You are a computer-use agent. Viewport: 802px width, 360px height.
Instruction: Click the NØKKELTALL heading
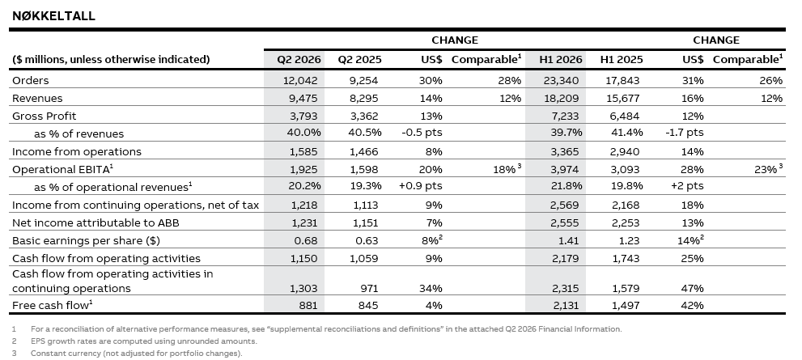[53, 16]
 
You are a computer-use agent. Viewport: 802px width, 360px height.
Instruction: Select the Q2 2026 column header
[299, 59]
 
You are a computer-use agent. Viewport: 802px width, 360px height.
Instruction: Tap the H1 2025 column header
[622, 59]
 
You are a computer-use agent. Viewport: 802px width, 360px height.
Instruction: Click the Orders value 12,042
[300, 80]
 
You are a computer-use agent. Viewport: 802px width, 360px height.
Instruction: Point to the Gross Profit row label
[44, 116]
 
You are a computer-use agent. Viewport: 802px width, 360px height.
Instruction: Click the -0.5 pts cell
[422, 133]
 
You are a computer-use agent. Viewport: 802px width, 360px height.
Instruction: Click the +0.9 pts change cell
[421, 187]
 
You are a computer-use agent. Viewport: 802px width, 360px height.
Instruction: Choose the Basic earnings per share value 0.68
[306, 240]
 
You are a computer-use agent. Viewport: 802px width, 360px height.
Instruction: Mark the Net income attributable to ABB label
[95, 223]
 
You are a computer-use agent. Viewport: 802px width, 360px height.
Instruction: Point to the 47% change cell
[693, 289]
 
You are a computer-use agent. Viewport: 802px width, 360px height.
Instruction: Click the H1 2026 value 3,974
[565, 169]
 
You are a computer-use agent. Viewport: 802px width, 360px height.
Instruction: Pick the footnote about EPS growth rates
[144, 341]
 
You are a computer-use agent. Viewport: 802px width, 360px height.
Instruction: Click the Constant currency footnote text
[137, 354]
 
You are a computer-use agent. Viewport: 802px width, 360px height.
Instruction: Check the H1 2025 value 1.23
[627, 240]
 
